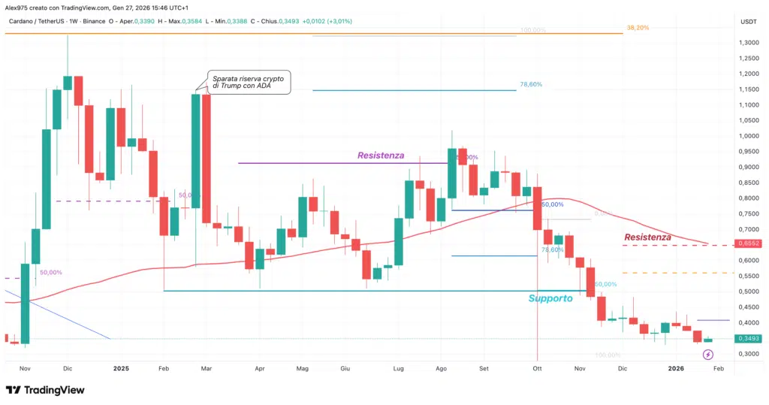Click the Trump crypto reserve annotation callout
pyautogui.click(x=248, y=83)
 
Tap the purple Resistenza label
pyautogui.click(x=381, y=156)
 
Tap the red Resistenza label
pyautogui.click(x=647, y=237)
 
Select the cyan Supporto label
pyautogui.click(x=550, y=298)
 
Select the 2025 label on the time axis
pyautogui.click(x=122, y=369)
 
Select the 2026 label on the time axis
pyautogui.click(x=677, y=369)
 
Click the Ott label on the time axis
pyautogui.click(x=537, y=369)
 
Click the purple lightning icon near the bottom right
pyautogui.click(x=708, y=354)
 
